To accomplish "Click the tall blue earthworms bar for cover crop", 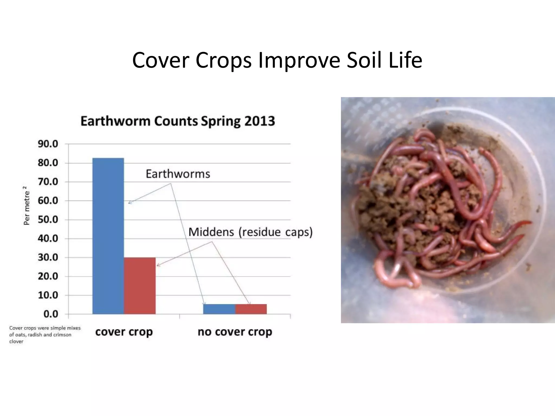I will [108, 236].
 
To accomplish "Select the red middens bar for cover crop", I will [140, 286].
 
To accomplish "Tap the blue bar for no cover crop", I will [219, 309].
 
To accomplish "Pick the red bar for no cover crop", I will [251, 309].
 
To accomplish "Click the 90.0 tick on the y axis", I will [48, 144].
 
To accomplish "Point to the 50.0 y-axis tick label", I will [48, 220].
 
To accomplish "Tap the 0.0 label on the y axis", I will [51, 314].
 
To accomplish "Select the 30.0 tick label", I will [48, 257].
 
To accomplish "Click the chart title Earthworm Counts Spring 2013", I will [178, 121].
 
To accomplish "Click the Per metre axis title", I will [26, 206].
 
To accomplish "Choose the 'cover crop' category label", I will [124, 332].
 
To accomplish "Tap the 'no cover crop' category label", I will [235, 332].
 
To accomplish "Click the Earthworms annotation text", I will [178, 174].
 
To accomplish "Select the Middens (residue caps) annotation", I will [250, 232].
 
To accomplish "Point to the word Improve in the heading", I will [299, 60].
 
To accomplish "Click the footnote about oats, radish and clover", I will [45, 335].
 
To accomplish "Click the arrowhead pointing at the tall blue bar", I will [130, 202].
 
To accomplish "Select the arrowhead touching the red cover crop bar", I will [158, 265].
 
